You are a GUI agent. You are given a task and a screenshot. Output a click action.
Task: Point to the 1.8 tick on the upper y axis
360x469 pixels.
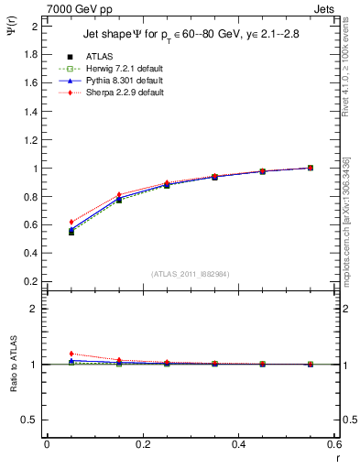click(x=32, y=54)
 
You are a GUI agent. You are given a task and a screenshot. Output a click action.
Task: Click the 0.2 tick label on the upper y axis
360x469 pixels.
click(x=32, y=282)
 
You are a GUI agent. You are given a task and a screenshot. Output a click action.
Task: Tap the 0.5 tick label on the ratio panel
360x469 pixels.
click(x=32, y=420)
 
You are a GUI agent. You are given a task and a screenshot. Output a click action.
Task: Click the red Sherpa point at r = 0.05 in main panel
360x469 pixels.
click(x=71, y=222)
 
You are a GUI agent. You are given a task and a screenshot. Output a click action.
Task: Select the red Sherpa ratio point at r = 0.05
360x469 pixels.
click(x=71, y=354)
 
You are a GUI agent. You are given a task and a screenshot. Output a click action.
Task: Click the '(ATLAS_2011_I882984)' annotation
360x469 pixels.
click(x=190, y=274)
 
